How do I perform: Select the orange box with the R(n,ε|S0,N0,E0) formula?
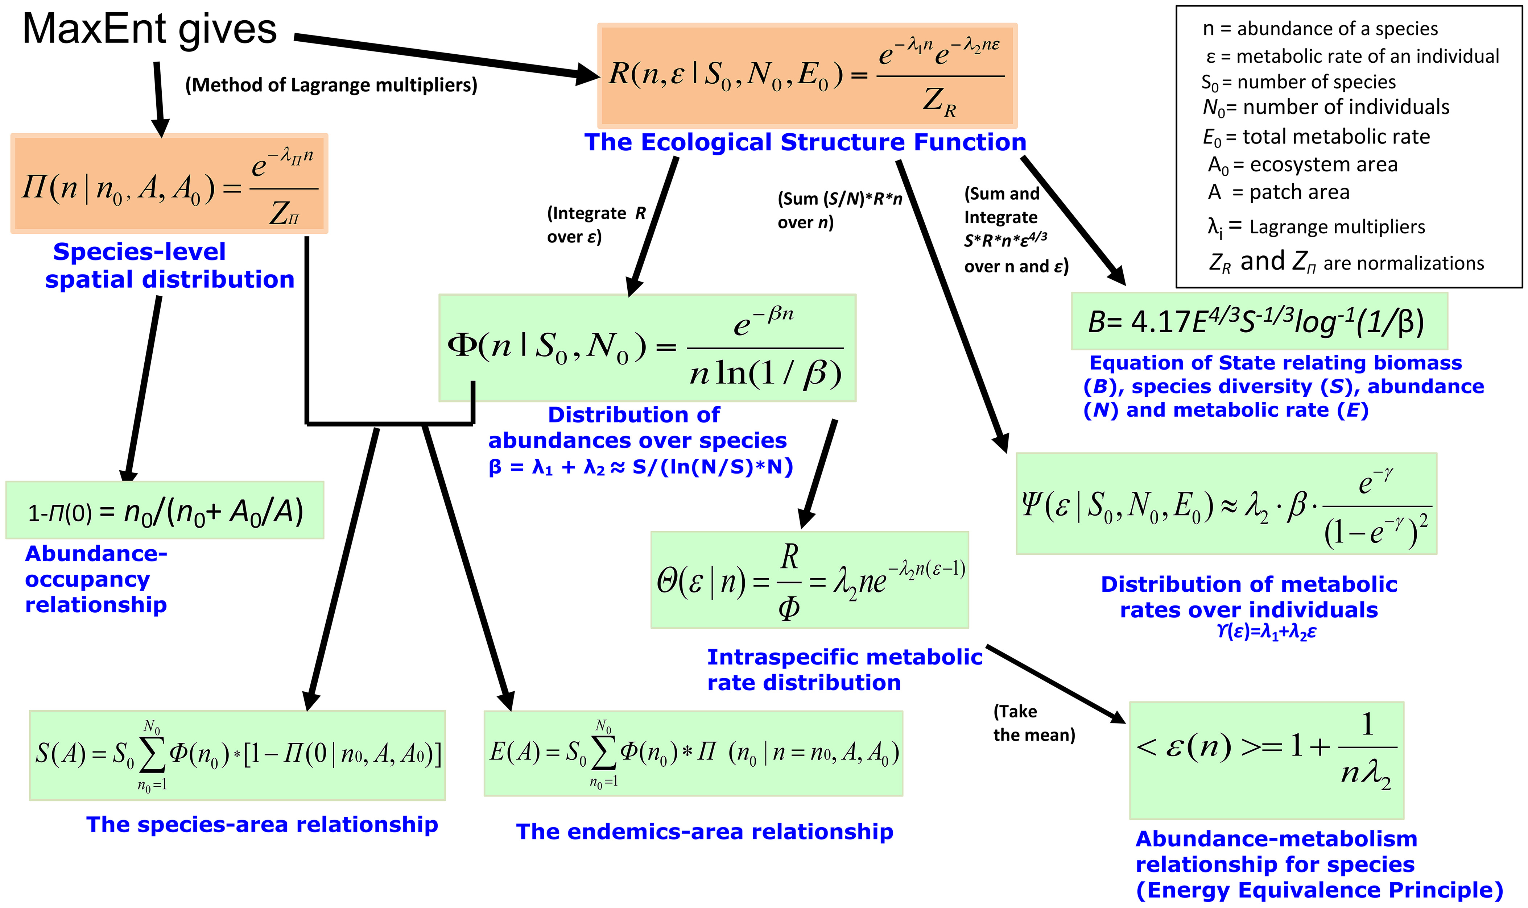pyautogui.click(x=807, y=76)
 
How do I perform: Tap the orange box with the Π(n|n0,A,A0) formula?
pyautogui.click(x=169, y=184)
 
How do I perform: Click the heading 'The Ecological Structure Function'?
pyautogui.click(x=805, y=142)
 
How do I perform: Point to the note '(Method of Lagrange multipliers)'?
pyautogui.click(x=331, y=84)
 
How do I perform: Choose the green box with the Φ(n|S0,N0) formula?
pyautogui.click(x=647, y=347)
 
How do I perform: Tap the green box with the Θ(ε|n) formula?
pyautogui.click(x=809, y=579)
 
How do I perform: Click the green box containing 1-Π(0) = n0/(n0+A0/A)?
pyautogui.click(x=165, y=510)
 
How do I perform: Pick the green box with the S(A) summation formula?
pyautogui.click(x=238, y=755)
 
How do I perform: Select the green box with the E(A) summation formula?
pyautogui.click(x=693, y=753)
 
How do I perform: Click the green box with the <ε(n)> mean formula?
pyautogui.click(x=1266, y=759)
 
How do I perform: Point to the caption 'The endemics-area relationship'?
pyautogui.click(x=705, y=832)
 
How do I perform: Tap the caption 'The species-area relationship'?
pyautogui.click(x=262, y=824)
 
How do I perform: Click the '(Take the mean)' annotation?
pyautogui.click(x=1033, y=722)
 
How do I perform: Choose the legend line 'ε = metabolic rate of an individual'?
pyautogui.click(x=1352, y=56)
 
